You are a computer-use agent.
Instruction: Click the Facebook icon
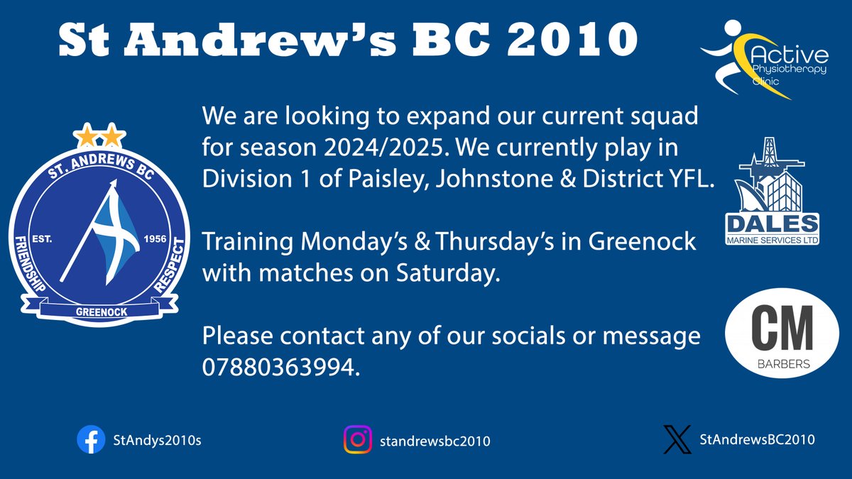coord(91,440)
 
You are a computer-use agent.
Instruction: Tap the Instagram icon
coord(359,440)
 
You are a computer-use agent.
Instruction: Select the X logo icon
coord(676,439)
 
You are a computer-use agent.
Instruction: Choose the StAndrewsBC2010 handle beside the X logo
coord(757,440)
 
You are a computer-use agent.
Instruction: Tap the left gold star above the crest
coord(88,134)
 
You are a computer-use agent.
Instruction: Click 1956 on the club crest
coord(154,239)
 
